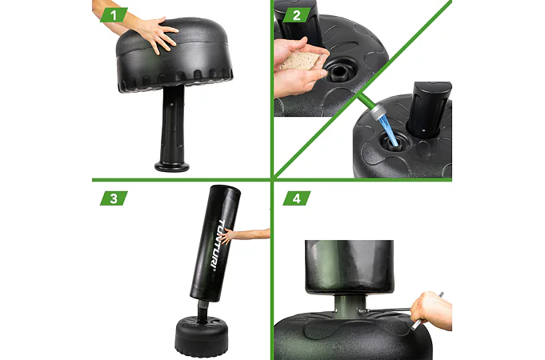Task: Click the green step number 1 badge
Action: (x=114, y=15)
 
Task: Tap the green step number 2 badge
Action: (x=296, y=15)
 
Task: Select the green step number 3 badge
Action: (x=114, y=198)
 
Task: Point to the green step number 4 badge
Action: (x=296, y=198)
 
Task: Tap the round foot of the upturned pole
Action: (x=172, y=166)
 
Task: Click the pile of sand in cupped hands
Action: (x=299, y=61)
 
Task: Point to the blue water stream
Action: (x=388, y=130)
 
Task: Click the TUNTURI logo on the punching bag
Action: (x=217, y=243)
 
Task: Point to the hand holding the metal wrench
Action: (x=433, y=310)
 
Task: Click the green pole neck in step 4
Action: (x=350, y=305)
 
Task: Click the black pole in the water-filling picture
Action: (x=430, y=109)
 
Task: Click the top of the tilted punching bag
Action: (x=226, y=190)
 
